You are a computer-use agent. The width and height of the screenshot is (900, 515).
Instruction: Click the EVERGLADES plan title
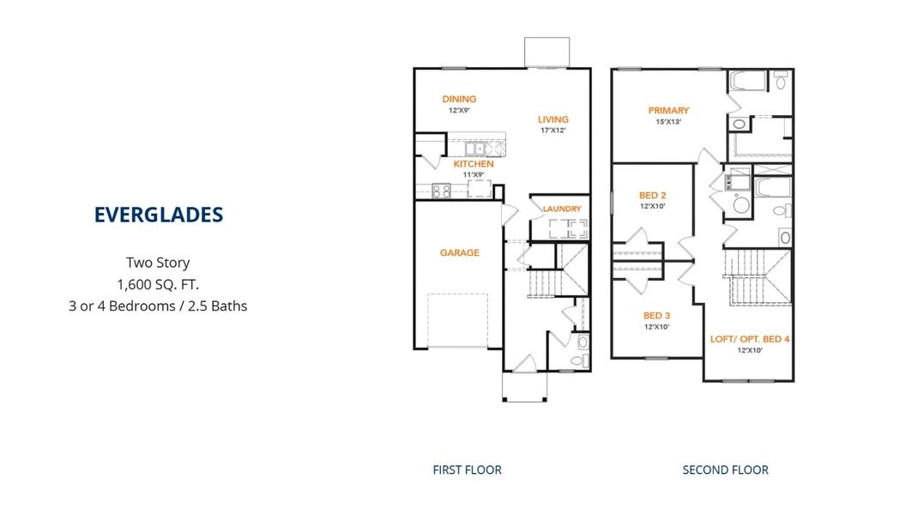click(x=159, y=215)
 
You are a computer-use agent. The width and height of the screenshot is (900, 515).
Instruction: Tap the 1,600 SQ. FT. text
click(x=158, y=284)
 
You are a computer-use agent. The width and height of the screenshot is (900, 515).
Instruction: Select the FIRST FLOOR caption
click(x=468, y=470)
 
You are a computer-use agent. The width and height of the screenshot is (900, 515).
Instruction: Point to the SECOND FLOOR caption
click(x=726, y=470)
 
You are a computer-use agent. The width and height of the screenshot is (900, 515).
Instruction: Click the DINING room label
click(x=459, y=99)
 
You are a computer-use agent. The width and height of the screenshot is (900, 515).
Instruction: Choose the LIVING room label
click(x=553, y=119)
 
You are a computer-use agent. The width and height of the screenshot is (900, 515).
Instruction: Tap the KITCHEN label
click(x=474, y=164)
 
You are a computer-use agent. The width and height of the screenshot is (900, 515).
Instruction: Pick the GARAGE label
click(x=459, y=252)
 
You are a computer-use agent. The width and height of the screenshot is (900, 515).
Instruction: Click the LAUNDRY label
click(x=562, y=209)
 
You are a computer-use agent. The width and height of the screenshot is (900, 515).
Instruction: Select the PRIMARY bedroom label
click(x=668, y=110)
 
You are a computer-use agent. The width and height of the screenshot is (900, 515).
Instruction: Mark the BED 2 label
click(x=653, y=195)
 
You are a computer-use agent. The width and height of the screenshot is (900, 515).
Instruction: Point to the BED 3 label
click(x=656, y=316)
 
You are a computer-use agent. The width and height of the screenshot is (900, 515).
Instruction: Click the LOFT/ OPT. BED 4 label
click(x=750, y=339)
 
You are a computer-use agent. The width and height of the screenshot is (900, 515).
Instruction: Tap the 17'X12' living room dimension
click(x=553, y=130)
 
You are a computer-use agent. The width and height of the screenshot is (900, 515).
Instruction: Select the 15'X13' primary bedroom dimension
click(x=668, y=122)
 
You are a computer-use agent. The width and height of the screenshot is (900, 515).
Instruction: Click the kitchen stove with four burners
click(x=441, y=191)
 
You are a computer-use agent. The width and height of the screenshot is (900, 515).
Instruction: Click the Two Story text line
click(x=158, y=263)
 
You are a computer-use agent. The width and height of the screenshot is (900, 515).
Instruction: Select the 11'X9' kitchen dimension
click(x=474, y=175)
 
